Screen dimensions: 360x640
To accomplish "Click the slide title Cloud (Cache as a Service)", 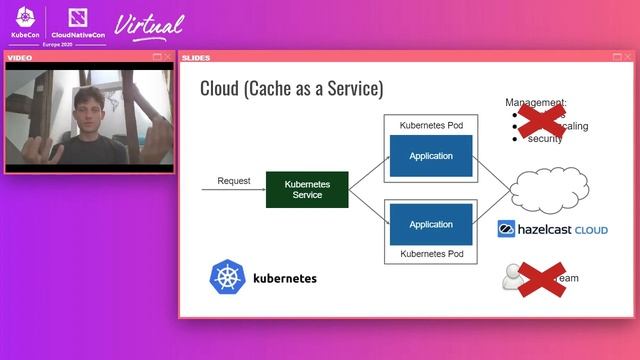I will tap(291, 88).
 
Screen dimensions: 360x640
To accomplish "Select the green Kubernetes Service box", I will tap(306, 190).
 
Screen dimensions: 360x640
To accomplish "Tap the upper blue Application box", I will tap(431, 156).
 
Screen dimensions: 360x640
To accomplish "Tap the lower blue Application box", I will tap(431, 224).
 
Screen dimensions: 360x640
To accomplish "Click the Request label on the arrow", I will tap(233, 181).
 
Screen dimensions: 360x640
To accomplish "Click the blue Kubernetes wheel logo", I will tap(227, 277).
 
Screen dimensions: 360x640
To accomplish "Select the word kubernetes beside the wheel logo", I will tap(284, 278).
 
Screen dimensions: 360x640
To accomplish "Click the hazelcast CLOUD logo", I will tap(553, 230).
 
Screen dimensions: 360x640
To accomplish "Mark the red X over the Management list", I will tap(541, 119).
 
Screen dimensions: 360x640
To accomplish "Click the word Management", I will tap(536, 102).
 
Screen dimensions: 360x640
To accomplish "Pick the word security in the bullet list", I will tap(545, 139).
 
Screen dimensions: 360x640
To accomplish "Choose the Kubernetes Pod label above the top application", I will tap(431, 125).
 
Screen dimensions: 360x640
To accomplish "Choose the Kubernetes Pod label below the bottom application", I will tap(431, 255).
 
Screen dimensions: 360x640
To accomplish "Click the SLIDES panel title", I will tap(196, 57).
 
